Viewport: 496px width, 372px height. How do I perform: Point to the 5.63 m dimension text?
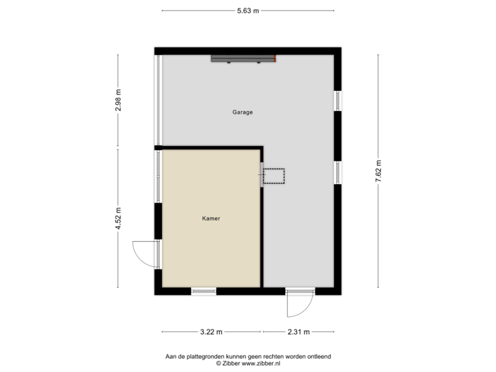(x=248, y=10)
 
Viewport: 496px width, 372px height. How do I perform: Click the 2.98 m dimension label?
(x=118, y=101)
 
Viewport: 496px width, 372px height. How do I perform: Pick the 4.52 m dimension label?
(x=118, y=218)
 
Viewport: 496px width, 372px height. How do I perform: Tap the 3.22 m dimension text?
(x=211, y=332)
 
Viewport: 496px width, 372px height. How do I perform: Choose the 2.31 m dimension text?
(x=298, y=332)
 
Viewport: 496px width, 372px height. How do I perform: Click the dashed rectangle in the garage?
(x=274, y=177)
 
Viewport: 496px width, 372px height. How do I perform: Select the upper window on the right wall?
(x=338, y=101)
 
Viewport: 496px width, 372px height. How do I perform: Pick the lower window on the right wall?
(x=338, y=172)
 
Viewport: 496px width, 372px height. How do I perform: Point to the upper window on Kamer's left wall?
(x=158, y=176)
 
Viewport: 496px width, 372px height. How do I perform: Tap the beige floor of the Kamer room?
(x=211, y=241)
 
